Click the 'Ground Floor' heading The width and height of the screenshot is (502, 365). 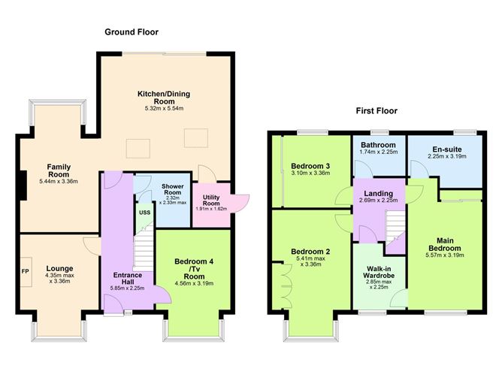coord(132,32)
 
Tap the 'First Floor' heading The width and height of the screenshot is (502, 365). coord(376,110)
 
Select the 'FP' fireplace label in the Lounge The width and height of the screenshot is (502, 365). coord(26,271)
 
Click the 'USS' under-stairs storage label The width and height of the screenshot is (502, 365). coord(144,213)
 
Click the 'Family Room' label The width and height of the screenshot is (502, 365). coord(59,167)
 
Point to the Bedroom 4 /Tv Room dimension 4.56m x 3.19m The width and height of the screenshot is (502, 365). coord(194,283)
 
